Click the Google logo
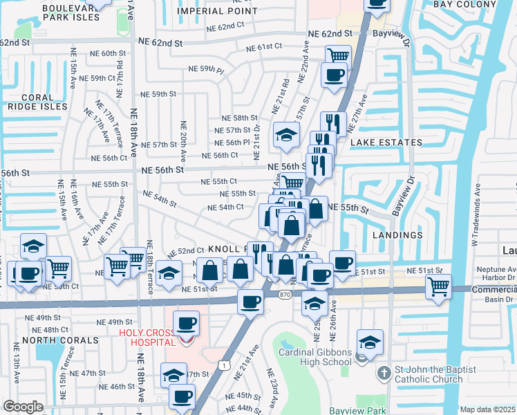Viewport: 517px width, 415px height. coord(23,407)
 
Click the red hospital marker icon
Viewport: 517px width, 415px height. coord(185,340)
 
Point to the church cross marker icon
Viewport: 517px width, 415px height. coord(384,373)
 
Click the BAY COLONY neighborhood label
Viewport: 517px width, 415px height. coord(461,4)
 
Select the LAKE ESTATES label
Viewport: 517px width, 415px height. coord(386,142)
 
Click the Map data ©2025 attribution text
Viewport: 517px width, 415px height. coord(488,409)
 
